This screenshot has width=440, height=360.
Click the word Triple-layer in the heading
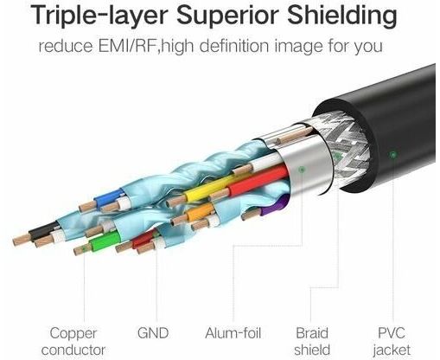point(99,15)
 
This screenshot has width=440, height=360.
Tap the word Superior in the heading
point(228,15)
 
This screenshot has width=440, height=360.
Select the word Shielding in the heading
point(342,15)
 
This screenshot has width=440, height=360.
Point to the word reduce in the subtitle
point(67,46)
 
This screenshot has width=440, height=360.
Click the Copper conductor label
point(73,342)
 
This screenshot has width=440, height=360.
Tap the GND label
point(153,333)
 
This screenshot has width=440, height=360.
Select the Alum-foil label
point(233,333)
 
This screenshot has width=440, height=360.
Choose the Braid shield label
point(312,342)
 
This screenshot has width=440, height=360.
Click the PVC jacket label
point(392,342)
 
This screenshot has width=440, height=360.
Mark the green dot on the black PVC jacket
point(392,155)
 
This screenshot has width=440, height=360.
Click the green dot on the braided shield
point(337,156)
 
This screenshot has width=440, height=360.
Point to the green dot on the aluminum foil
point(302,170)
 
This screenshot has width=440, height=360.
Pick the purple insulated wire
point(274,207)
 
